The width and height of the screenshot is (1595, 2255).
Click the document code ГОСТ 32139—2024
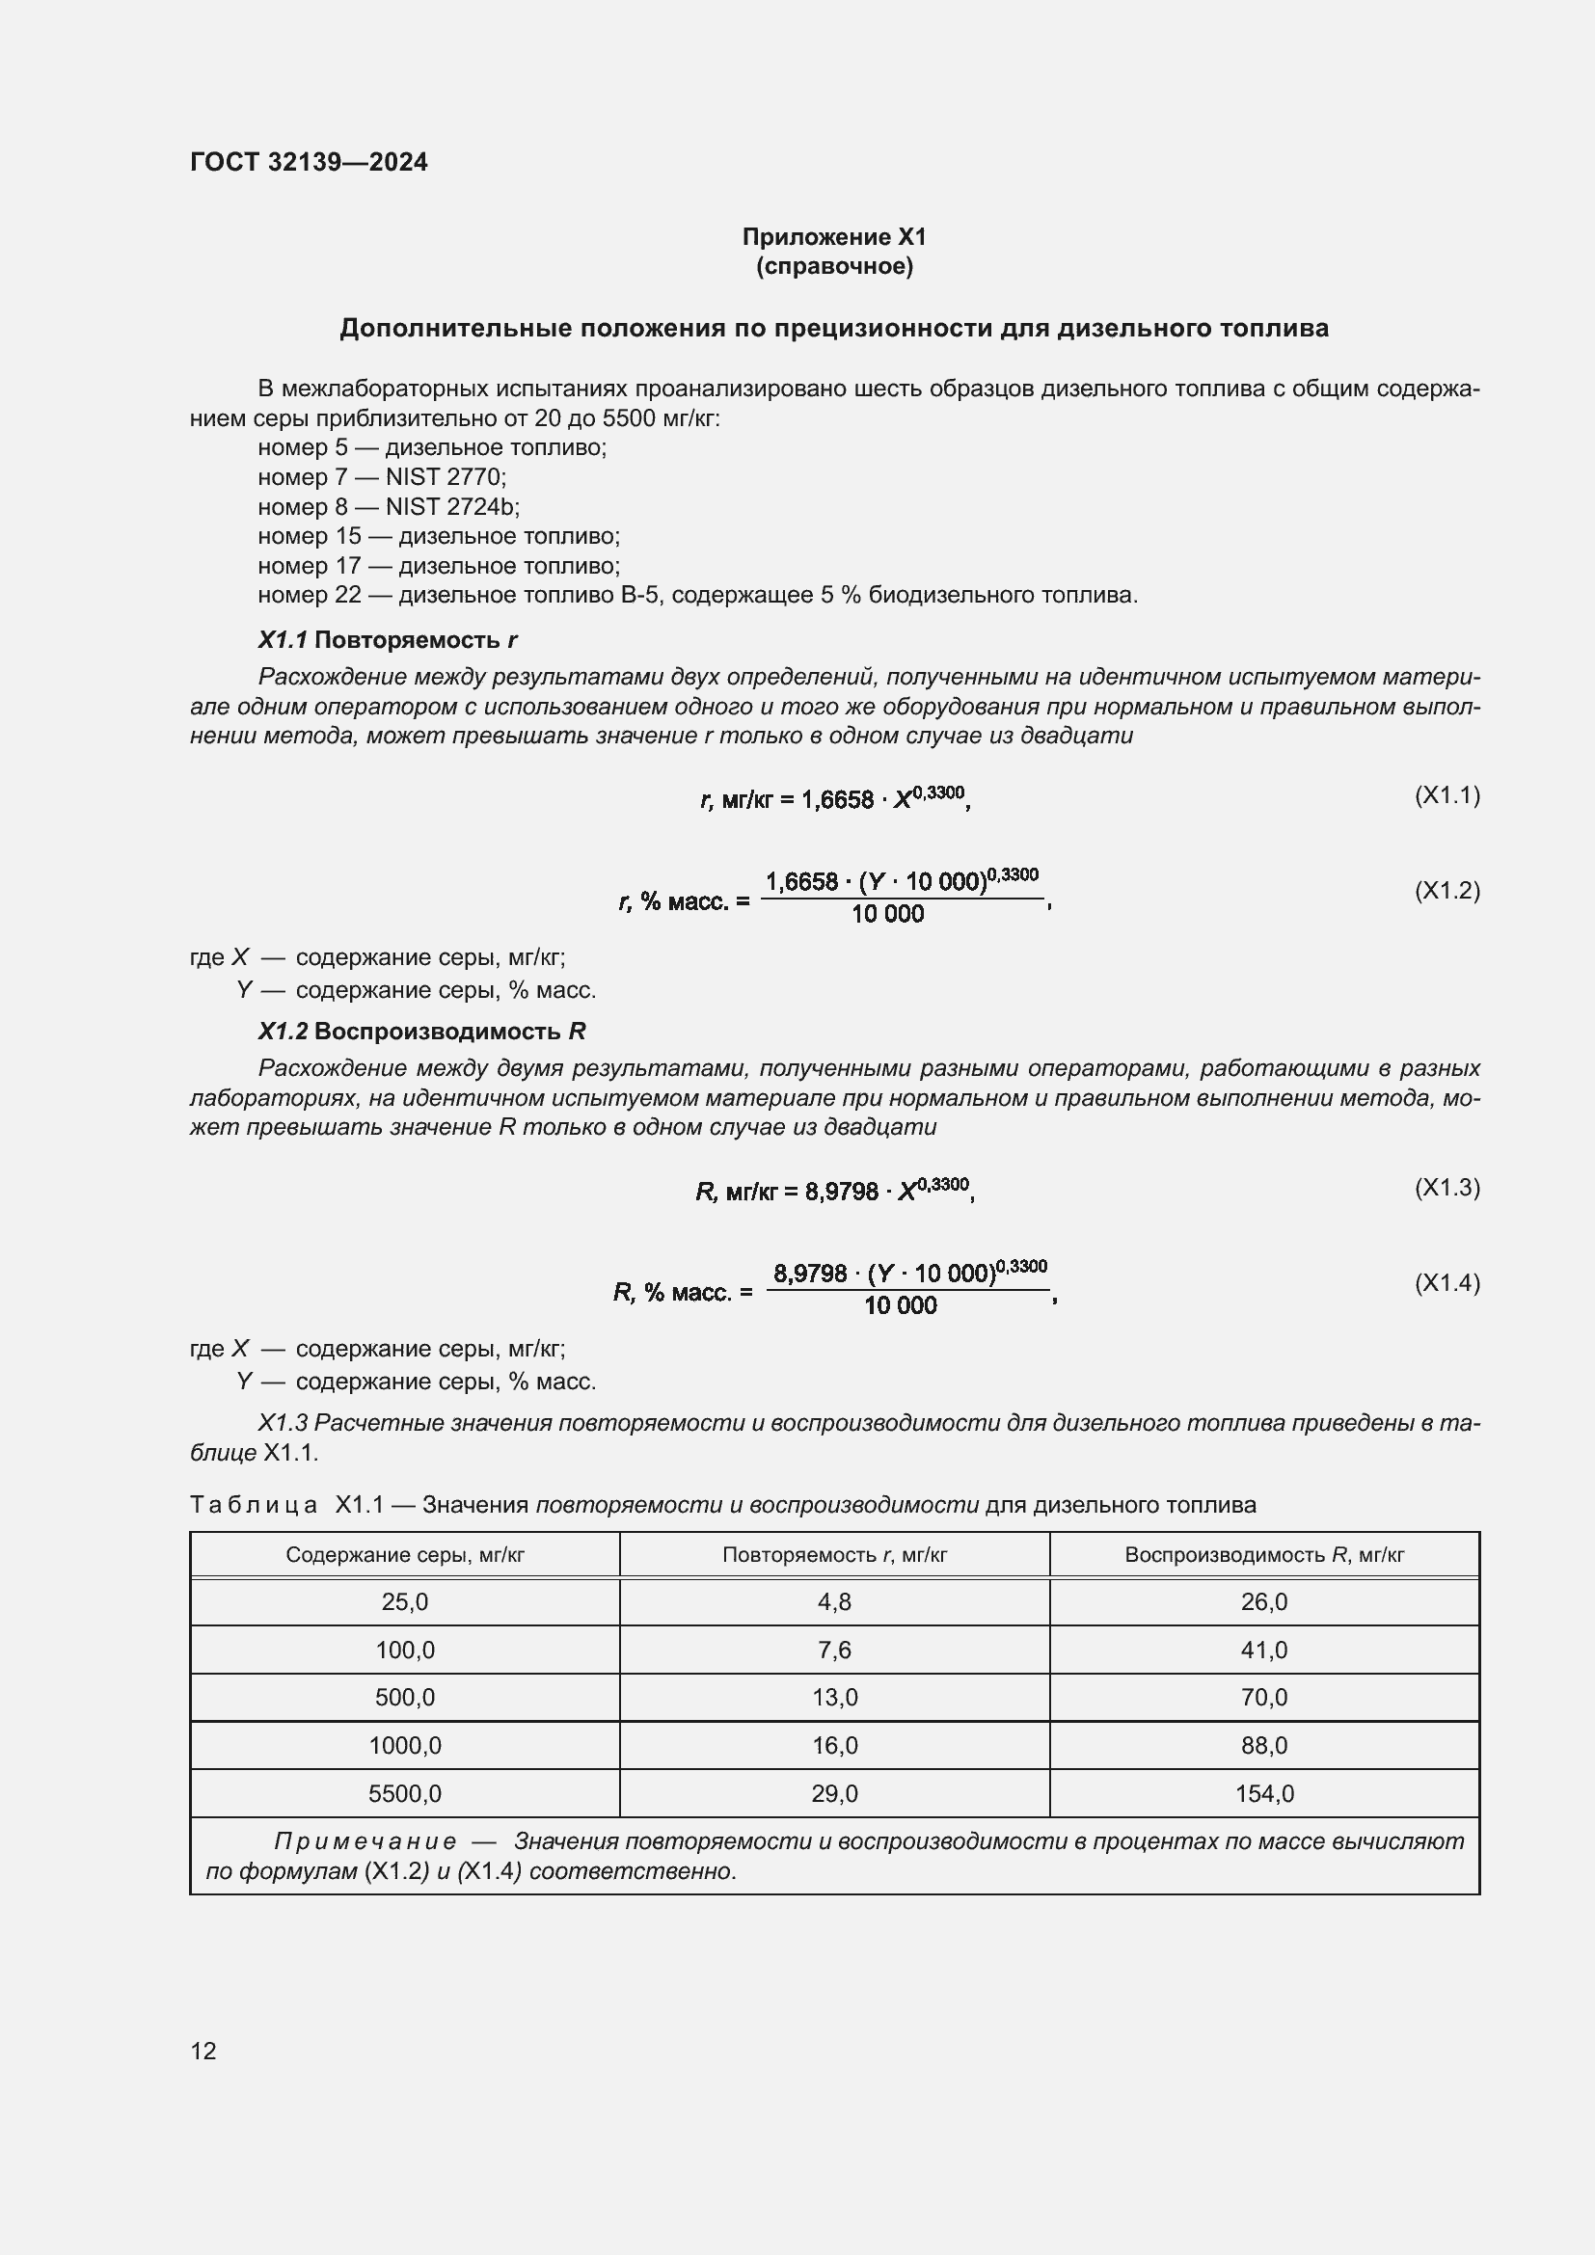(x=309, y=162)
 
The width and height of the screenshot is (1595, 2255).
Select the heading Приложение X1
(x=834, y=237)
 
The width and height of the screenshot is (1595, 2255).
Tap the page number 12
(x=203, y=2051)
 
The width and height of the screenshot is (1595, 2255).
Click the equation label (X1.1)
(x=1446, y=794)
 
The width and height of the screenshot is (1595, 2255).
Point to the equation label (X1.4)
(x=1446, y=1282)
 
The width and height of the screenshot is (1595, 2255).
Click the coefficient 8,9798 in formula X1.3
(x=841, y=1193)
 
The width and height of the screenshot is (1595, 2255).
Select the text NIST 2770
(x=445, y=477)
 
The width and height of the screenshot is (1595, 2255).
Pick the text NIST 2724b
(x=451, y=507)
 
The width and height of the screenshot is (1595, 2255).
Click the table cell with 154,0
(x=1263, y=1793)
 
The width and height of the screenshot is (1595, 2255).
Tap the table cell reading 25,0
(x=405, y=1602)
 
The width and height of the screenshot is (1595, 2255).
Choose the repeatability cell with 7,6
(x=834, y=1650)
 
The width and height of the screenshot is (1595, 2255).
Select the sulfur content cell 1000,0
(x=405, y=1745)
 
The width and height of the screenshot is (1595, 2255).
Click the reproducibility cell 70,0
(x=1263, y=1697)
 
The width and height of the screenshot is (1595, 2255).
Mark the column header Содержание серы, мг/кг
(x=405, y=1555)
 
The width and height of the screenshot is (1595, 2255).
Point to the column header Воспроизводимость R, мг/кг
(x=1263, y=1555)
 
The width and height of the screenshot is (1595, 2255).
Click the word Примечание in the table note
(x=365, y=1841)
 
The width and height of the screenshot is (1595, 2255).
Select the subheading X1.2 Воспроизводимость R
(x=421, y=1032)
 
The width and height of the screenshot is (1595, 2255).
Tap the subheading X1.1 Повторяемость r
(x=387, y=640)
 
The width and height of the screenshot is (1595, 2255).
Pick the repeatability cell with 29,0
(x=834, y=1793)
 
